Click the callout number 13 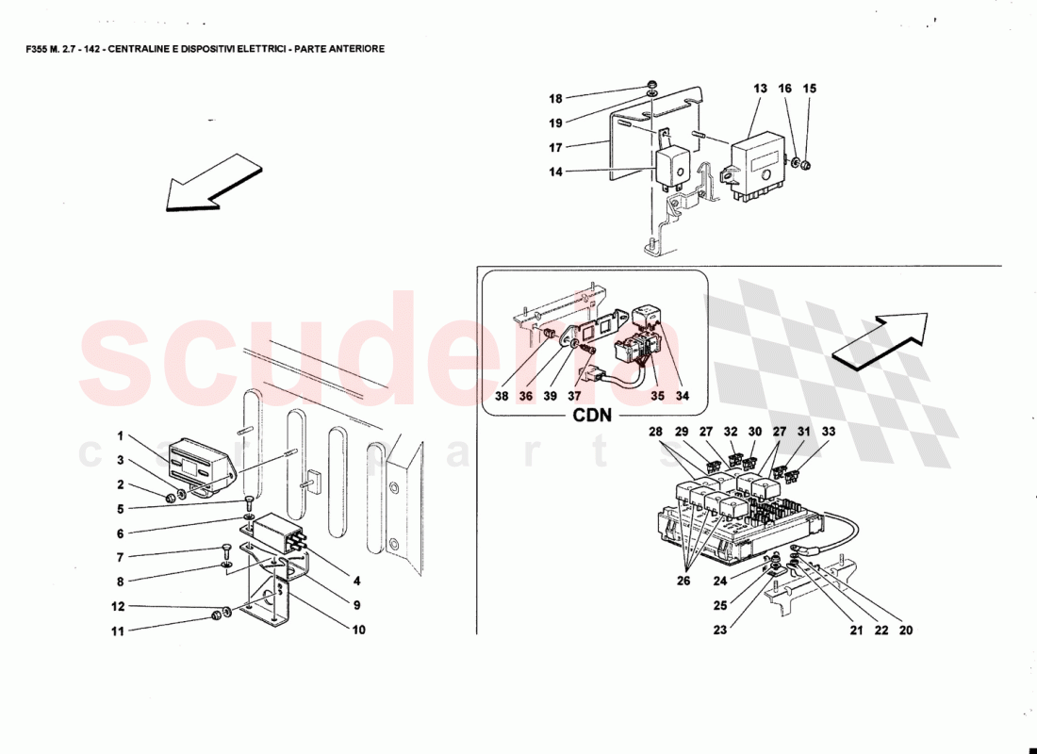click(761, 88)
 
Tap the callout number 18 click(555, 99)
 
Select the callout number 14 click(555, 172)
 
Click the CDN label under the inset click(593, 415)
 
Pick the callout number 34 click(682, 397)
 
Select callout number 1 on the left click(121, 436)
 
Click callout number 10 click(358, 631)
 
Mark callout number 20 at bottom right click(905, 631)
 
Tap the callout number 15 click(810, 88)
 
